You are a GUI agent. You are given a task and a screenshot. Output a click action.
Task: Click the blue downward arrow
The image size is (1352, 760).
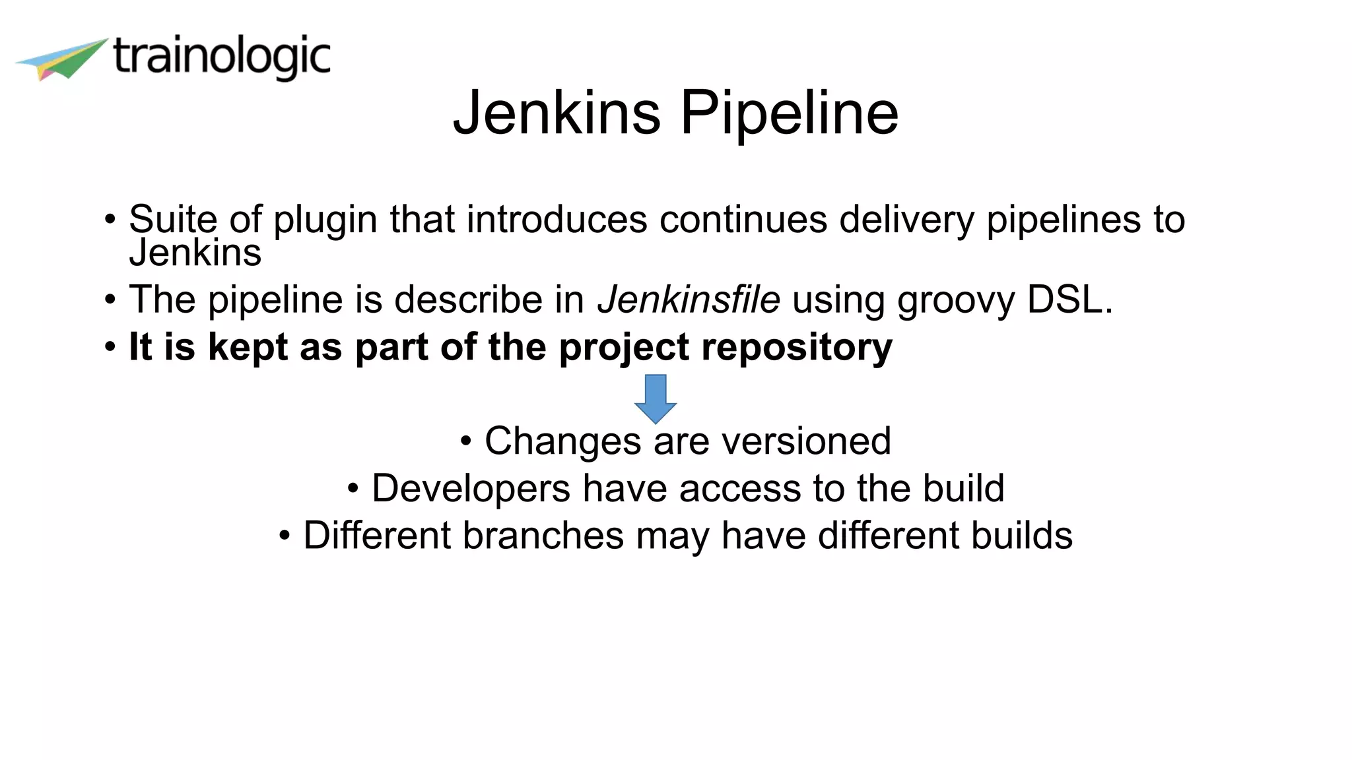(655, 398)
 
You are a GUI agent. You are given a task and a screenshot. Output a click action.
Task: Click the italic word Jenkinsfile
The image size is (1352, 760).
(689, 300)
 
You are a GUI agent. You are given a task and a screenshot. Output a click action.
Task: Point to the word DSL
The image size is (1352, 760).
(1069, 300)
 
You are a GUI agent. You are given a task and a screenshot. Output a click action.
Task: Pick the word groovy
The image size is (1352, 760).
(955, 301)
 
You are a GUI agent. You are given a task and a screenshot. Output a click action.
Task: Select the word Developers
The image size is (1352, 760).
(471, 489)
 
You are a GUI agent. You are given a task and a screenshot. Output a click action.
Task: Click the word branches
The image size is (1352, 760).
(543, 535)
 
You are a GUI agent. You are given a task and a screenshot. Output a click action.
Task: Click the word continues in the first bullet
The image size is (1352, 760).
(743, 219)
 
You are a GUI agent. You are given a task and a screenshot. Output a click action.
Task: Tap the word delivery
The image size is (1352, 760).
(906, 220)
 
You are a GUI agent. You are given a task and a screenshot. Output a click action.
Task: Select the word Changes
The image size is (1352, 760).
(562, 441)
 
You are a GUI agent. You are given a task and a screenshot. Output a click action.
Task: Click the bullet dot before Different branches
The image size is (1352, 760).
(284, 535)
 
